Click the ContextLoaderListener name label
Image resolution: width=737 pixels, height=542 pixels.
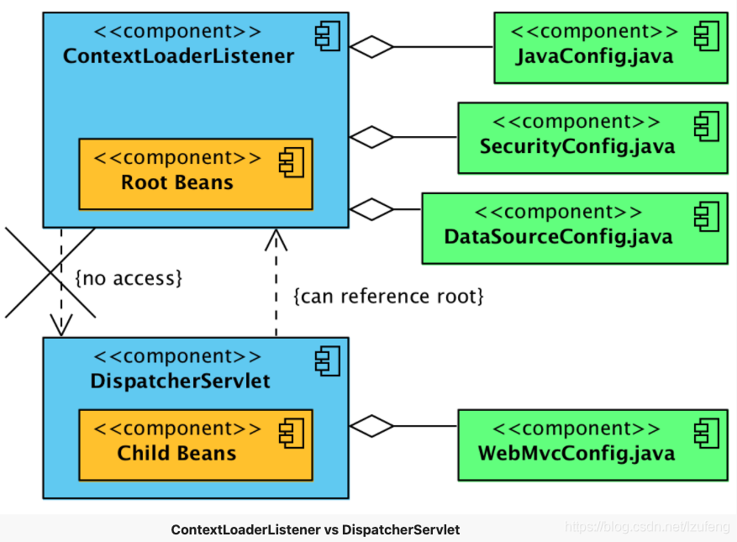(x=178, y=56)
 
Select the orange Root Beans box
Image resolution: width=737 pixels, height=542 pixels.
(x=195, y=174)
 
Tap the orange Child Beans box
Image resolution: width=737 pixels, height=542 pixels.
(x=195, y=445)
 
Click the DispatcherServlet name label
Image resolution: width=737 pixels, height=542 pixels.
(x=180, y=381)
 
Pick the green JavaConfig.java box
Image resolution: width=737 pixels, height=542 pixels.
(x=610, y=48)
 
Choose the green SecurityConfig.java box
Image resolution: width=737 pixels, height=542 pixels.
(x=592, y=138)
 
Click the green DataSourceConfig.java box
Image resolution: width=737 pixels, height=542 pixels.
(x=574, y=229)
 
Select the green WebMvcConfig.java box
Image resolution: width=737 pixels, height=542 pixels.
(x=592, y=445)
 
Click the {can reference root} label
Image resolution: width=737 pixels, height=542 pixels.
(x=388, y=296)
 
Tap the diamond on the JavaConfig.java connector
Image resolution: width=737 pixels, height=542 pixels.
(x=371, y=47)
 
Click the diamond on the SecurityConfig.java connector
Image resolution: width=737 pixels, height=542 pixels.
(x=371, y=135)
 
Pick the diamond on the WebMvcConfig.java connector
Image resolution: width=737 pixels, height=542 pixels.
(x=371, y=426)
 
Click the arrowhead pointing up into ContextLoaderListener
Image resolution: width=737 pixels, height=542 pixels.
(x=276, y=239)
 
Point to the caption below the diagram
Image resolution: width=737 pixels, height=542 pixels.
(x=315, y=529)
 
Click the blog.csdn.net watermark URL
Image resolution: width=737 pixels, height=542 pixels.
(x=647, y=527)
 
